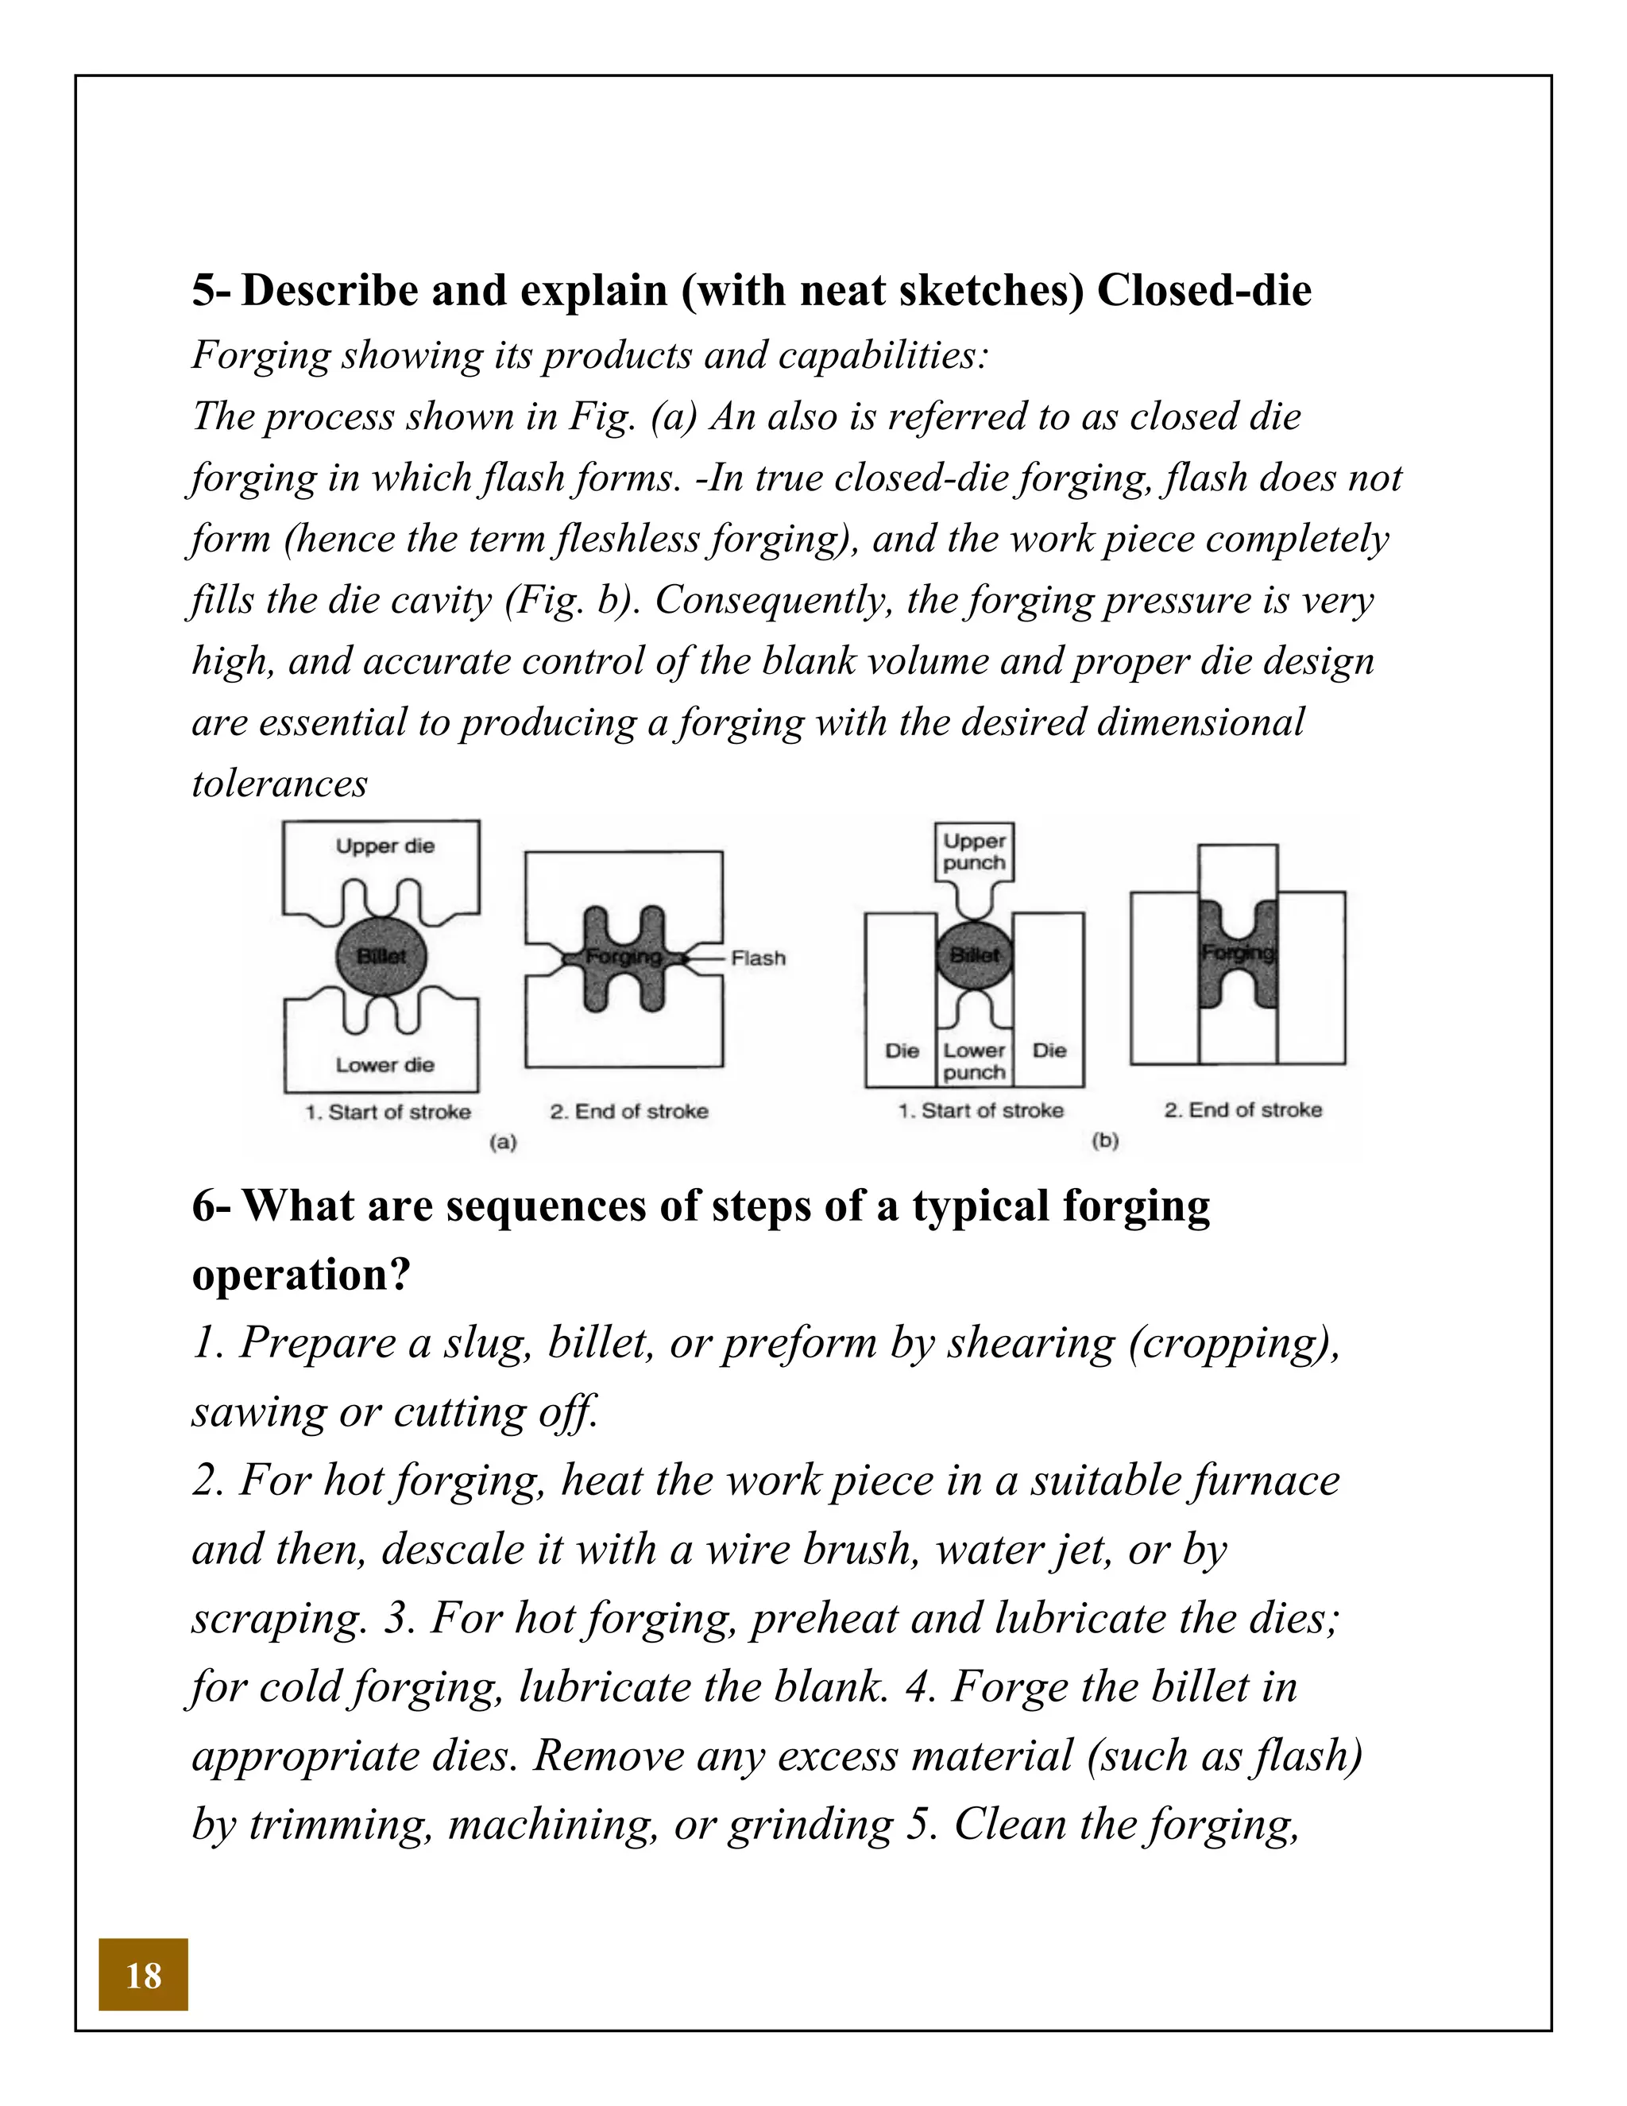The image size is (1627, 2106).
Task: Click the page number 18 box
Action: (x=143, y=1975)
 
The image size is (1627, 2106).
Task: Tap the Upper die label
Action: (x=385, y=846)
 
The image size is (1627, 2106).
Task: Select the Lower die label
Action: (x=385, y=1065)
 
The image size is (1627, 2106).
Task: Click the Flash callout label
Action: (x=758, y=958)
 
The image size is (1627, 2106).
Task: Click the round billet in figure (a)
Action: (x=381, y=955)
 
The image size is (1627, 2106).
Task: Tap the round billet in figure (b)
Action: (x=975, y=954)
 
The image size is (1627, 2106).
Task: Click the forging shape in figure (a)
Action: (x=624, y=958)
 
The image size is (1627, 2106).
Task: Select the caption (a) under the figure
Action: (x=503, y=1142)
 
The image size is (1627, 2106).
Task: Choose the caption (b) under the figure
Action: (x=1104, y=1140)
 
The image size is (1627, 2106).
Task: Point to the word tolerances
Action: (x=280, y=783)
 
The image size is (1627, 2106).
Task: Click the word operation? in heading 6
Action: (x=301, y=1275)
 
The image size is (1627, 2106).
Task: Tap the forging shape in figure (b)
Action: (x=1238, y=953)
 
